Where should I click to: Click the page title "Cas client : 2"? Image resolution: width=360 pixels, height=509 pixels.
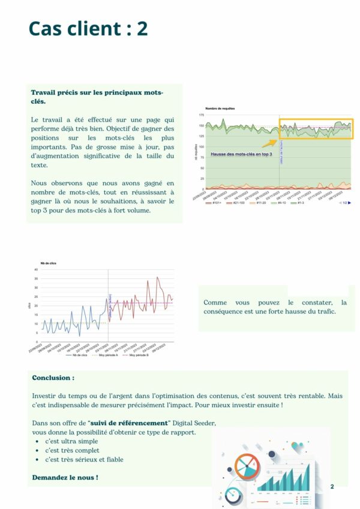(x=88, y=28)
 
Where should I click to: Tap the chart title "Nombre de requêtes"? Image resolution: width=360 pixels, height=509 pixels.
(x=220, y=109)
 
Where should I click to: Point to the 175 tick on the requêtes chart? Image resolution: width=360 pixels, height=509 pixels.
(x=201, y=115)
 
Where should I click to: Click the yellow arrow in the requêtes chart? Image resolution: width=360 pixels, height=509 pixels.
(x=269, y=143)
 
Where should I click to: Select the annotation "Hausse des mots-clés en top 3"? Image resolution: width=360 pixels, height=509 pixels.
(x=241, y=154)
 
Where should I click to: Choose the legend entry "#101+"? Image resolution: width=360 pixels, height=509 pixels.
(x=213, y=203)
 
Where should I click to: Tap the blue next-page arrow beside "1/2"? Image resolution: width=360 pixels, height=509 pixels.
(x=349, y=203)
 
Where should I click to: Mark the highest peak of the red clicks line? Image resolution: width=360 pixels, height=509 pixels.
(x=157, y=278)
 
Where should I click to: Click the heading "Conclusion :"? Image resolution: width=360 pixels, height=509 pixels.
(x=53, y=378)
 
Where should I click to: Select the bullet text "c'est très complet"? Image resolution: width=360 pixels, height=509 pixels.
(x=72, y=450)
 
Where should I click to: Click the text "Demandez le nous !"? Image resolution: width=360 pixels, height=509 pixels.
(x=65, y=477)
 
